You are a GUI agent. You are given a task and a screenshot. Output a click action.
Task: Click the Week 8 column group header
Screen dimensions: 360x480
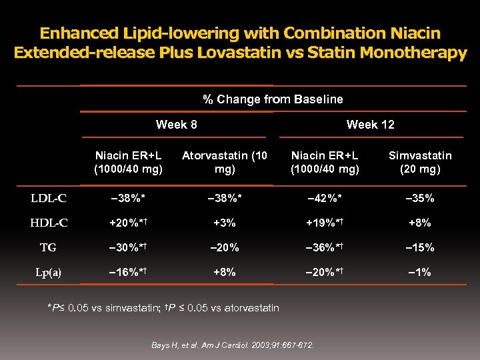pyautogui.click(x=176, y=125)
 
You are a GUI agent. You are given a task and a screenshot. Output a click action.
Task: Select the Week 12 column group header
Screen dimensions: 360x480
pyautogui.click(x=371, y=125)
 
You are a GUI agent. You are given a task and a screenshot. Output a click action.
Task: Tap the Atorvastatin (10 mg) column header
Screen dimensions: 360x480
pyautogui.click(x=225, y=162)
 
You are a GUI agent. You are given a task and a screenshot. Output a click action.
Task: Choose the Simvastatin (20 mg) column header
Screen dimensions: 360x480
pyautogui.click(x=420, y=162)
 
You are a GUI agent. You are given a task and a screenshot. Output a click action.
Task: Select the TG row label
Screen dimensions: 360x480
pyautogui.click(x=48, y=247)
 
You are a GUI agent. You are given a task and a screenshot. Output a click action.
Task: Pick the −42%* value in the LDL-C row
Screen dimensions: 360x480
pyautogui.click(x=325, y=198)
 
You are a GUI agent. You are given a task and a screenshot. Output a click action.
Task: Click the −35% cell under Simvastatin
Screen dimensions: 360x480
pyautogui.click(x=420, y=198)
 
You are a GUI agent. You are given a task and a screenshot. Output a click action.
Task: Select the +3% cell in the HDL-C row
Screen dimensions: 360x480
pyautogui.click(x=225, y=223)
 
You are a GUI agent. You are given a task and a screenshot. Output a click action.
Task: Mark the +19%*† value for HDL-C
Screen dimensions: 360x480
pyautogui.click(x=325, y=223)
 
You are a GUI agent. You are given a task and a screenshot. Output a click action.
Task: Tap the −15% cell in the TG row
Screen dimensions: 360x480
pyautogui.click(x=420, y=247)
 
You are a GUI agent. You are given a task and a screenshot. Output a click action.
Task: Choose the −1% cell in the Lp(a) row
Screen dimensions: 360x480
pyautogui.click(x=420, y=272)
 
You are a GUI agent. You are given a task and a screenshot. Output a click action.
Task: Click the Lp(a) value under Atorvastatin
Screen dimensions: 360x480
pyautogui.click(x=225, y=272)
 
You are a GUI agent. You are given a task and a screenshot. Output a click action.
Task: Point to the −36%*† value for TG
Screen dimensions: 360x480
pyautogui.click(x=325, y=247)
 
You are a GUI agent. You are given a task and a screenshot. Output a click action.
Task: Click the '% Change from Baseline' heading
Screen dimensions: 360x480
pyautogui.click(x=273, y=99)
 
